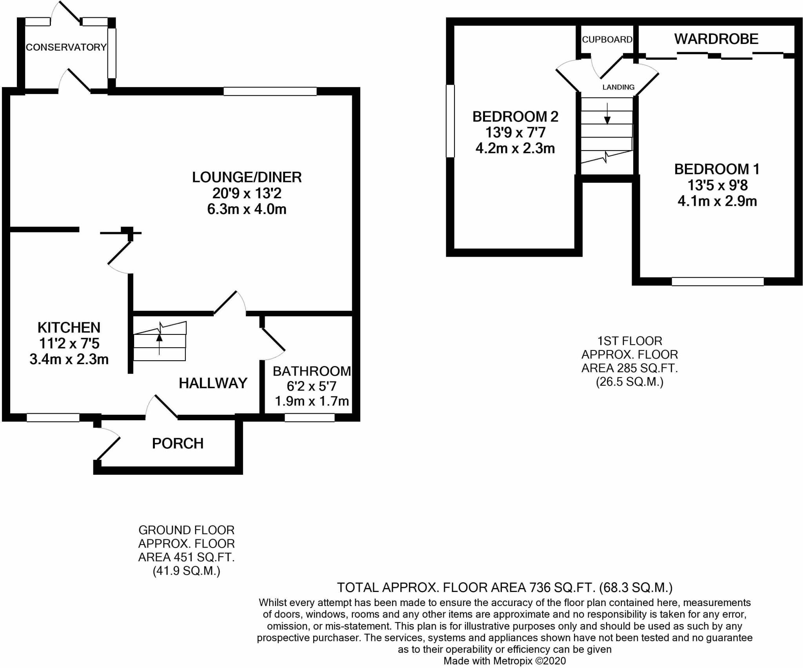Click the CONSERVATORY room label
[x=66, y=47]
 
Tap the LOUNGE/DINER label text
[x=247, y=177]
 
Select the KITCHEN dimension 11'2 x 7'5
[x=69, y=343]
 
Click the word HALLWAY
[x=213, y=383]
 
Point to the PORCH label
[x=178, y=443]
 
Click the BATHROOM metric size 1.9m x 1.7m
[x=312, y=401]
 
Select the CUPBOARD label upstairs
[x=607, y=40]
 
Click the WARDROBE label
[x=716, y=39]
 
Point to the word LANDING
[x=618, y=87]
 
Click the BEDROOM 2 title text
[x=515, y=116]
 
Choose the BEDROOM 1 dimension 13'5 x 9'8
[x=717, y=185]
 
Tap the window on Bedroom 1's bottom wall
[x=718, y=281]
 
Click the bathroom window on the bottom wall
[x=309, y=418]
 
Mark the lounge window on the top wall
[x=270, y=91]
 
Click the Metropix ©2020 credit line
[x=504, y=661]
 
